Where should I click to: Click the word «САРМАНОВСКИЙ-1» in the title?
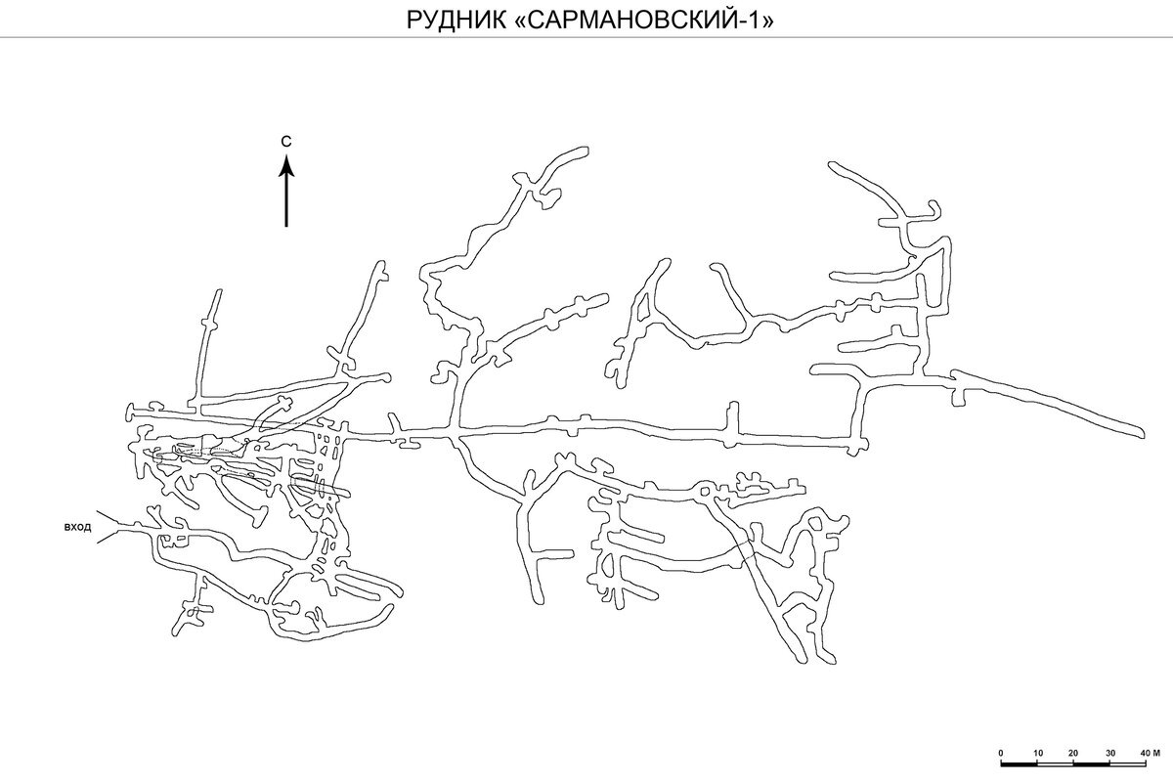coord(641,21)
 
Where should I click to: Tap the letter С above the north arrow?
coord(285,142)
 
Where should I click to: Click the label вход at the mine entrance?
coord(77,527)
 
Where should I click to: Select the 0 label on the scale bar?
coord(1001,753)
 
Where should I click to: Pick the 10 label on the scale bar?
coord(1038,753)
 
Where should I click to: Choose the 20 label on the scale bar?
coord(1073,753)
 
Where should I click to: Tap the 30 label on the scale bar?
coord(1110,753)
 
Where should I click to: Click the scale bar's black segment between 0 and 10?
coord(1019,764)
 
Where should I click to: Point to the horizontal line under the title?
coord(586,37)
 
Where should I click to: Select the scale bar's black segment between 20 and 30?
coord(1091,764)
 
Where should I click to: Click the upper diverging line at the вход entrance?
coord(109,518)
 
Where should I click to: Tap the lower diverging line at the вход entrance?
coord(108,537)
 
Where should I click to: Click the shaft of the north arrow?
coord(285,201)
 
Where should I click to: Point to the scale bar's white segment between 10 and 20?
coord(1055,764)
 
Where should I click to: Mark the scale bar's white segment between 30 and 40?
coord(1127,764)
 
